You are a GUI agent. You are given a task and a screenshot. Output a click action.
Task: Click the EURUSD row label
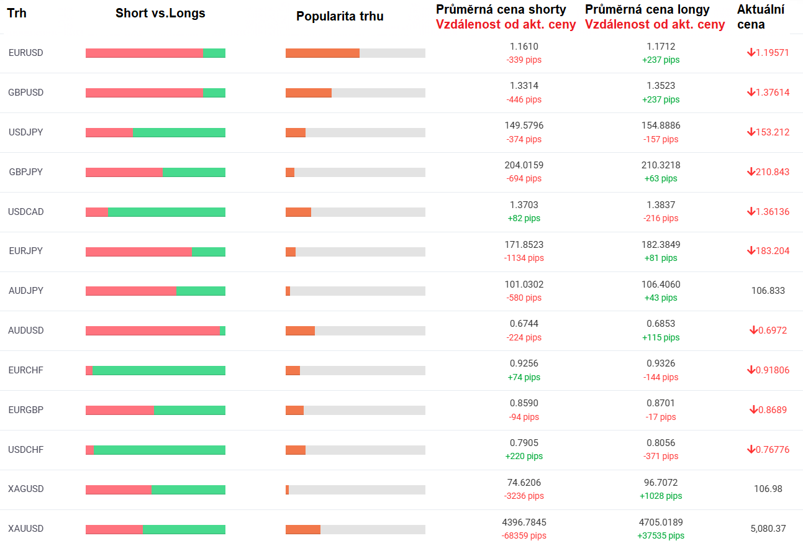click(x=26, y=53)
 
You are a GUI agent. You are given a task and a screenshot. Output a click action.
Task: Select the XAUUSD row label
click(x=26, y=529)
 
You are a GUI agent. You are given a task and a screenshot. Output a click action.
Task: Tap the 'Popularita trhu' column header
click(x=340, y=16)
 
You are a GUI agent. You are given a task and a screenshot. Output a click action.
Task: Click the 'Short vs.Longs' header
click(x=160, y=13)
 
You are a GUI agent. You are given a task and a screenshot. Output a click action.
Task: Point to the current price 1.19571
click(x=773, y=53)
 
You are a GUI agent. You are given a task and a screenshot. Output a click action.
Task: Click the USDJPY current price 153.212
click(x=773, y=132)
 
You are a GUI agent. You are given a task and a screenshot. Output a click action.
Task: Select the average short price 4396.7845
click(x=524, y=522)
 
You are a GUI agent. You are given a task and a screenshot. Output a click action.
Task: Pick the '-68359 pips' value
click(x=524, y=535)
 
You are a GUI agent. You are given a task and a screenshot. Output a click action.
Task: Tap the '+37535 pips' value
click(x=661, y=535)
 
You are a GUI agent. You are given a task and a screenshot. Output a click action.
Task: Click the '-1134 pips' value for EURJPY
click(x=524, y=258)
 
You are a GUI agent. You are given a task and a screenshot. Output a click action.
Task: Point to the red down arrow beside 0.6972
click(x=753, y=330)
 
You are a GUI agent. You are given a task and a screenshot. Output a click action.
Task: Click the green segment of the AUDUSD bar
click(x=222, y=330)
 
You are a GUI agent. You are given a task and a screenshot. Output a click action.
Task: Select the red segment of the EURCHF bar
click(x=89, y=370)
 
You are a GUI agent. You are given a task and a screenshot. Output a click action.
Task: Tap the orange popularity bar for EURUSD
click(x=322, y=53)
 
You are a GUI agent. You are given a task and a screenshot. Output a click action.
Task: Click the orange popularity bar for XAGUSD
click(x=287, y=490)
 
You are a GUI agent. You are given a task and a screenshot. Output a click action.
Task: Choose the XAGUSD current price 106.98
click(x=768, y=489)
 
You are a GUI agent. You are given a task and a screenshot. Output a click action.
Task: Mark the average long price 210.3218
click(x=661, y=165)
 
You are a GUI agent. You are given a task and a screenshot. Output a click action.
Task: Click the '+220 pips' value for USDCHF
click(x=524, y=456)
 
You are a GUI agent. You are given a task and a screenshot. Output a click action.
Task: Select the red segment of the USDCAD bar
click(x=96, y=212)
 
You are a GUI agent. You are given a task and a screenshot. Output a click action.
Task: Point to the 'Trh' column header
click(x=17, y=13)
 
